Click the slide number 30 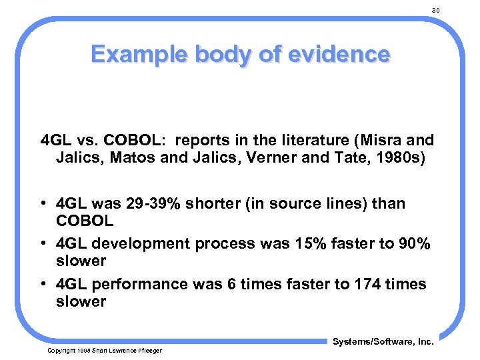tap(436, 10)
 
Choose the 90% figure tap(415, 243)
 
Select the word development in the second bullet tap(142, 243)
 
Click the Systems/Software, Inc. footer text tap(383, 341)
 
